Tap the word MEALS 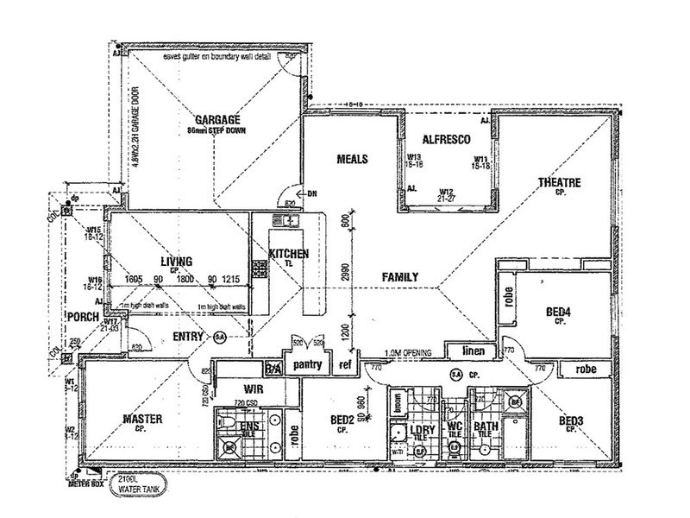click(353, 160)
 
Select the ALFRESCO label click(445, 139)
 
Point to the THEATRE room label click(559, 183)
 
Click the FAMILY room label click(401, 277)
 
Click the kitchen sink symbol click(285, 221)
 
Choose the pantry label click(307, 364)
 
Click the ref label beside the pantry click(345, 365)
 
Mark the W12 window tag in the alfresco click(446, 193)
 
